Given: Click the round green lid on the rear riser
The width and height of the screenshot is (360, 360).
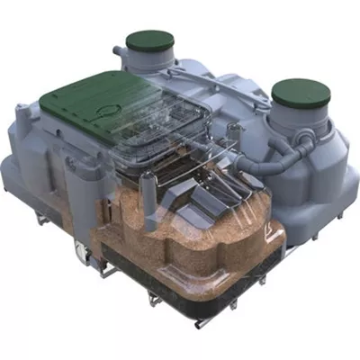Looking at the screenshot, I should [149, 40].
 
